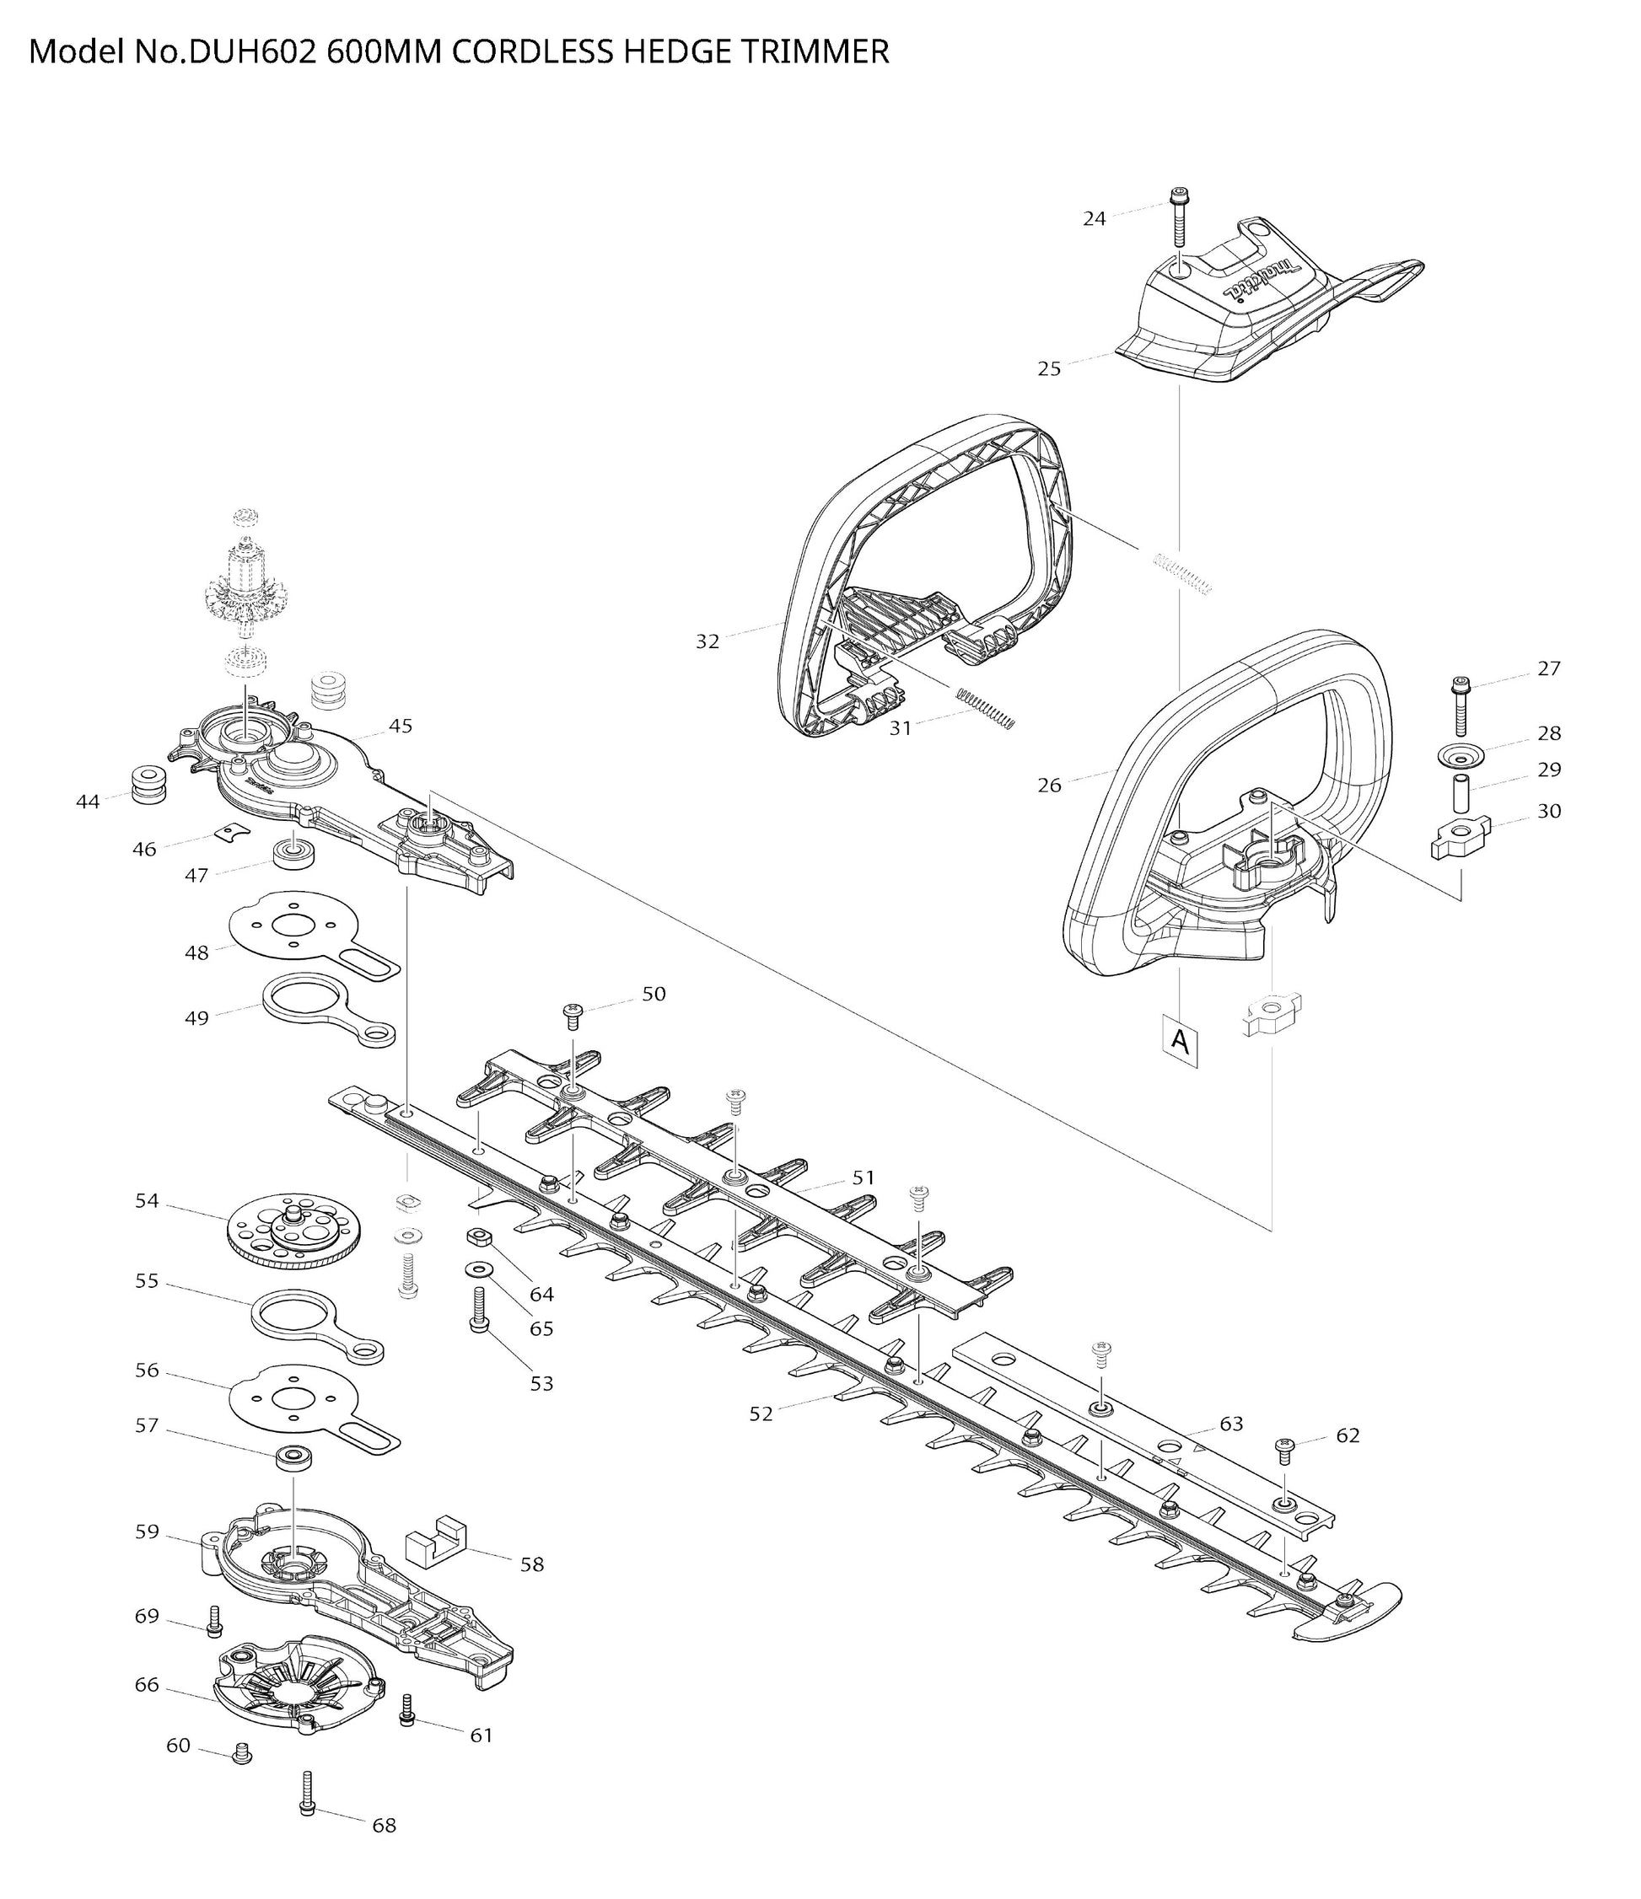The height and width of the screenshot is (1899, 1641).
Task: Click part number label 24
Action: [1094, 218]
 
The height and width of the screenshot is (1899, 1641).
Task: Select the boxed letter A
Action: [1181, 1041]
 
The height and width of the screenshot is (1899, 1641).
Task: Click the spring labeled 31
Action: [986, 709]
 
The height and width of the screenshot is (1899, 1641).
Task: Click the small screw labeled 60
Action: [243, 1752]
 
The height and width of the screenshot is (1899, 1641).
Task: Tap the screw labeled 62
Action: [1283, 1451]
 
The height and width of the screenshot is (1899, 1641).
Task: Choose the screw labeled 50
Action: [573, 1017]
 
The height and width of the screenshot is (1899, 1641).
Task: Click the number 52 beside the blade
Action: [761, 1414]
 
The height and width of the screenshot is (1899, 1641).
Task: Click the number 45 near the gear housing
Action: [401, 726]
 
